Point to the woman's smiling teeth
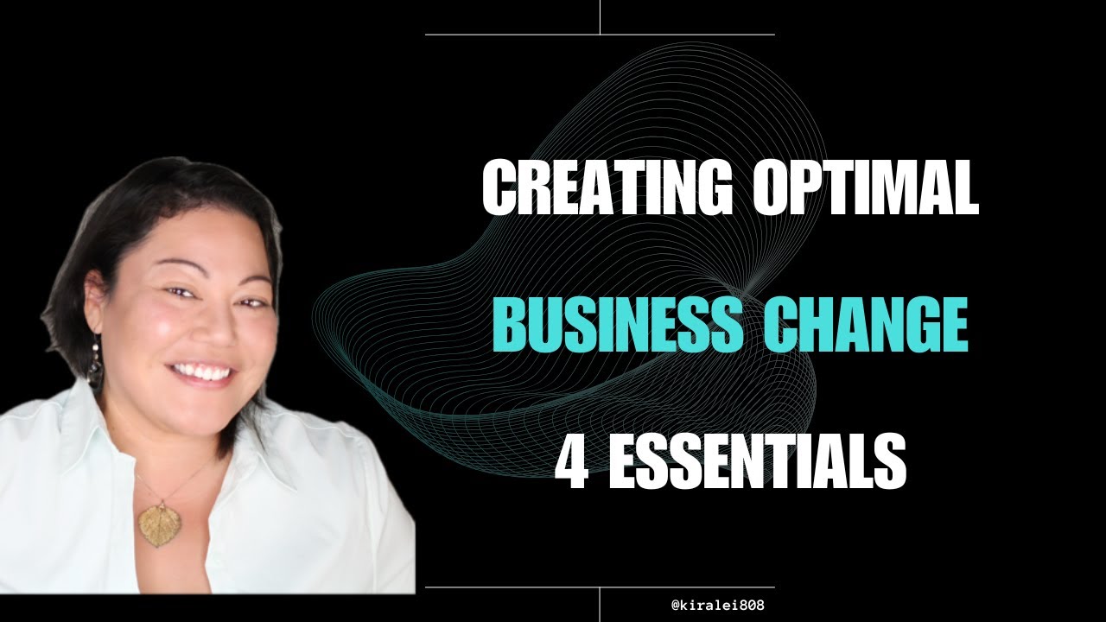pyautogui.click(x=201, y=373)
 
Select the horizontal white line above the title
pyautogui.click(x=600, y=35)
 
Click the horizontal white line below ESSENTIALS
pyautogui.click(x=600, y=587)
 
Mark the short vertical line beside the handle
pyautogui.click(x=600, y=605)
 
